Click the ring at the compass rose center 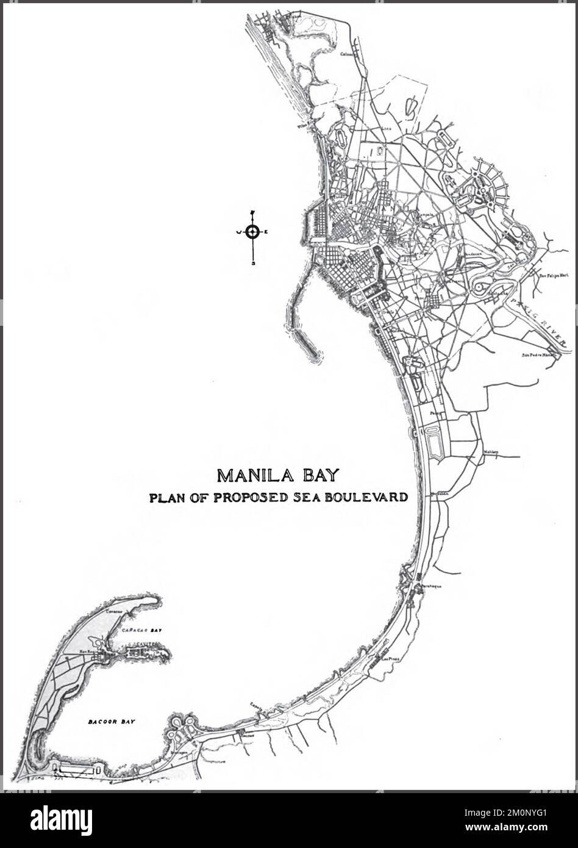pyautogui.click(x=253, y=231)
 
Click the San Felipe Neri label pyautogui.click(x=551, y=275)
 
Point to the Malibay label pyautogui.click(x=491, y=452)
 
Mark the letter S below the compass pyautogui.click(x=253, y=264)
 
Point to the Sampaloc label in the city pyautogui.click(x=425, y=215)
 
